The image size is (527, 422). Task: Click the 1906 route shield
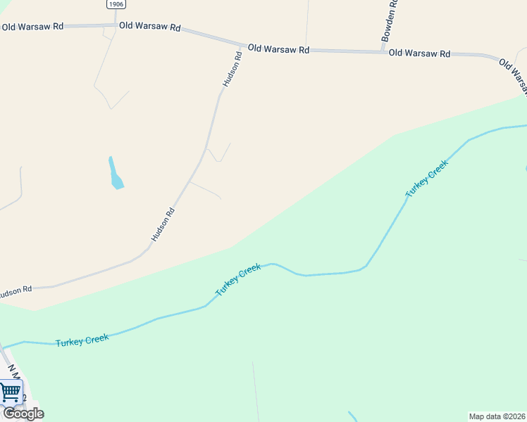[117, 4]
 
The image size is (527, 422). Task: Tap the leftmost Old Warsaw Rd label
[32, 27]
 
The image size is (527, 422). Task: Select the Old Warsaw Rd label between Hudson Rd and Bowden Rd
[278, 49]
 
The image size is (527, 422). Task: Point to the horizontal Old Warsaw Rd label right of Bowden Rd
[419, 53]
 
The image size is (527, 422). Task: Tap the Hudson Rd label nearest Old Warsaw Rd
[232, 69]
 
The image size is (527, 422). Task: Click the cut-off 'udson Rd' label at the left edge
[15, 290]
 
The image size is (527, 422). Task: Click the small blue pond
[116, 176]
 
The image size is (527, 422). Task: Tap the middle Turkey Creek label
[238, 279]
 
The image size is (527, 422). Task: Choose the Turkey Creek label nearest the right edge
[427, 179]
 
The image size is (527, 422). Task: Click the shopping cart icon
[11, 392]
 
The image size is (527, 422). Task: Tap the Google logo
[23, 414]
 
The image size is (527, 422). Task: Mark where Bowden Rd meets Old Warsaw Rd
[382, 51]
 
